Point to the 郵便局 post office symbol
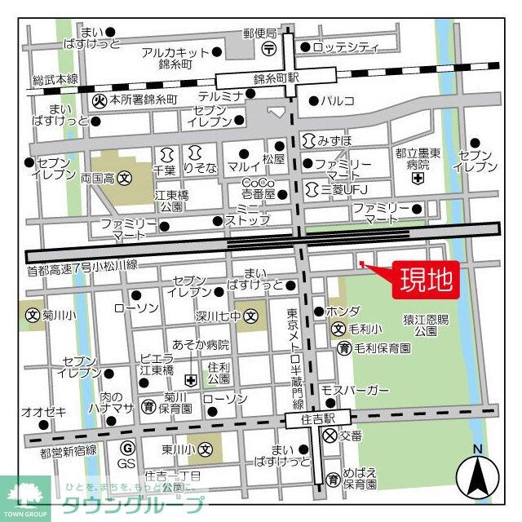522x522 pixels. click(x=269, y=49)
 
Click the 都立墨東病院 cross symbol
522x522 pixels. click(x=418, y=178)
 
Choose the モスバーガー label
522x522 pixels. click(x=355, y=391)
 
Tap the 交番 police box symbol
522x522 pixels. click(x=330, y=436)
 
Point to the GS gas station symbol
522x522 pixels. click(x=126, y=448)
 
